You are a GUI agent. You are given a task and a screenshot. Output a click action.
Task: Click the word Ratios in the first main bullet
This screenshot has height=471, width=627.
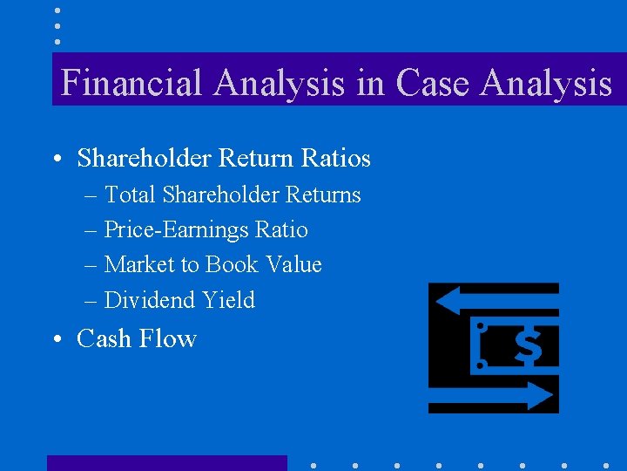click(336, 159)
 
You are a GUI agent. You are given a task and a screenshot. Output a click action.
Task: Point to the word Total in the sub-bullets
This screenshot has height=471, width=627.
click(130, 195)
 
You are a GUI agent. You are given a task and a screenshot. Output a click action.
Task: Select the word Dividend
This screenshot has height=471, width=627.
click(150, 300)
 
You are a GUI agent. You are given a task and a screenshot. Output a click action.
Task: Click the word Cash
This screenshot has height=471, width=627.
click(104, 338)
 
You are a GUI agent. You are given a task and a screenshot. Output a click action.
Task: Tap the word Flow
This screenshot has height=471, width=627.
click(172, 338)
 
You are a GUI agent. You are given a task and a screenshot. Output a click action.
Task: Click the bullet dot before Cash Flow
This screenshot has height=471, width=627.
click(55, 339)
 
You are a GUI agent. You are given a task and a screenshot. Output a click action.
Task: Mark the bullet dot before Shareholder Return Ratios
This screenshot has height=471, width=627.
click(55, 160)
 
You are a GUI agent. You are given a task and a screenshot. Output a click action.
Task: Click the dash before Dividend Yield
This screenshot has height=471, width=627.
click(91, 301)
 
